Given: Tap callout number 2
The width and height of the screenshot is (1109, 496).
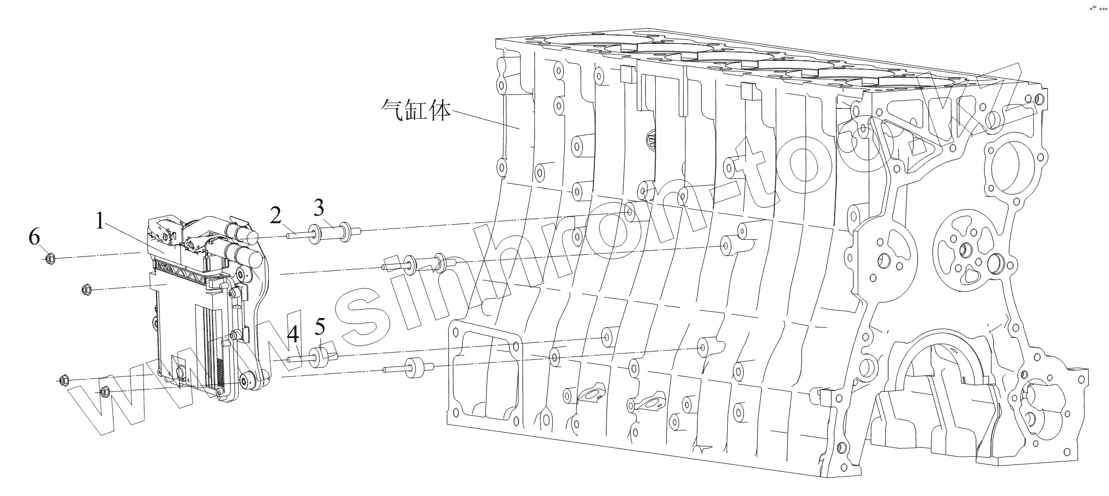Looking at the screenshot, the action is point(276,215).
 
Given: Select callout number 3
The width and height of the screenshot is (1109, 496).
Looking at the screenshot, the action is point(319,208).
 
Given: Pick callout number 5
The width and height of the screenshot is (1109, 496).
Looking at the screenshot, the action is point(320,327).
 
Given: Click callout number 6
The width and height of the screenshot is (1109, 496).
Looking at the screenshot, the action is point(34,238).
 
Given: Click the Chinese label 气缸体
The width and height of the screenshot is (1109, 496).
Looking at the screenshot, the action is point(415,110).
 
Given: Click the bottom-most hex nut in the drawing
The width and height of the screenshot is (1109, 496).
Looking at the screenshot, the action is point(104,391).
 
